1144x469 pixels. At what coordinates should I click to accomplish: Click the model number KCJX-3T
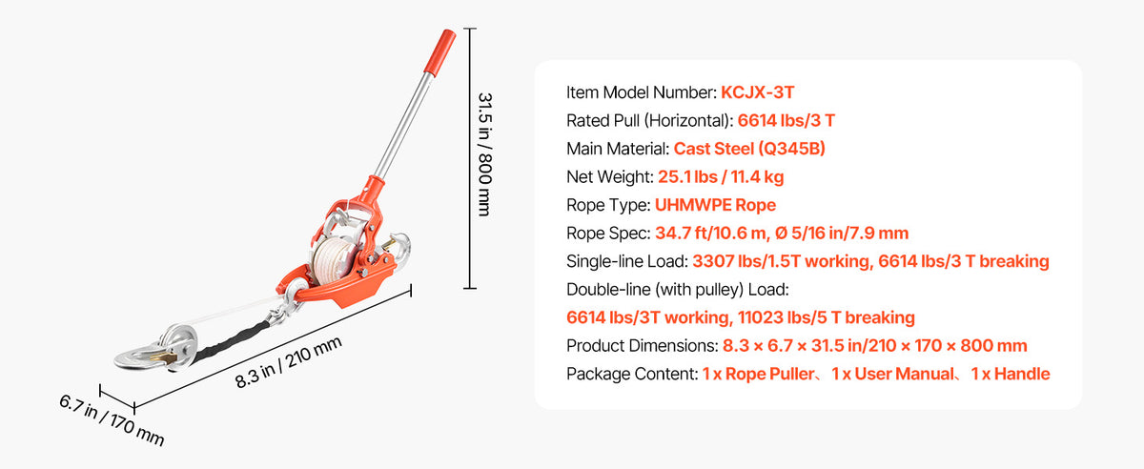pos(757,92)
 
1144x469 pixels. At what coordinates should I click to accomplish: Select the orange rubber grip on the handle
pos(439,52)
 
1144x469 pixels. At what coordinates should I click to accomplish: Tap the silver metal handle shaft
pos(403,125)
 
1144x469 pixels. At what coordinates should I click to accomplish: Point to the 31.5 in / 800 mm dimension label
pos(484,154)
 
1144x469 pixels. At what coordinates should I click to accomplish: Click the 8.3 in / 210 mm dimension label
pos(289,362)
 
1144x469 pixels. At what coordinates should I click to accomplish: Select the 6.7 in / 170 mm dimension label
pos(112,420)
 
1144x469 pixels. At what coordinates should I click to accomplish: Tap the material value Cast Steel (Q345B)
pos(749,149)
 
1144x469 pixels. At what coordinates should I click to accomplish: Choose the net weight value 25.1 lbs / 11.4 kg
pos(721,176)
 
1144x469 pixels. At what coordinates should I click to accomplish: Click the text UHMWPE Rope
pos(715,205)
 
